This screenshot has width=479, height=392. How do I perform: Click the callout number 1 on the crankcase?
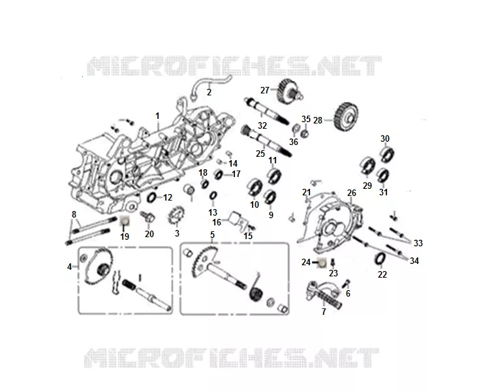[158, 116]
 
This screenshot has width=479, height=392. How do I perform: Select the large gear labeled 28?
[347, 117]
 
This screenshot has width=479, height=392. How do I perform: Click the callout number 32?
[262, 125]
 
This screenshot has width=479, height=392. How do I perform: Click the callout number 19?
[125, 237]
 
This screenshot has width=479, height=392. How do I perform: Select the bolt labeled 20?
[148, 217]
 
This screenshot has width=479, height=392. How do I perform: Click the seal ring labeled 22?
[380, 258]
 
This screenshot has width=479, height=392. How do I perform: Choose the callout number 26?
[352, 193]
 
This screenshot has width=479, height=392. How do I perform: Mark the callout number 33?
[418, 243]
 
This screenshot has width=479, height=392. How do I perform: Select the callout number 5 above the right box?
[212, 235]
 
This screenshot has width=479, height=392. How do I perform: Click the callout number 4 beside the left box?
[70, 267]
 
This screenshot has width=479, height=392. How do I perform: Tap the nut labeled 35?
[304, 134]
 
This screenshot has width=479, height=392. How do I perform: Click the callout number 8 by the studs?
[74, 214]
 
